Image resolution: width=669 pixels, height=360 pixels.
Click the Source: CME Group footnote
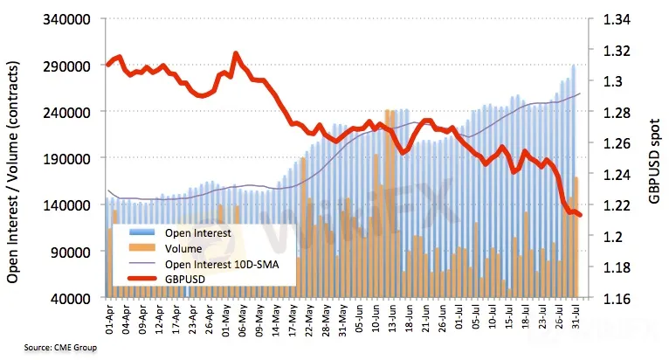coord(49,348)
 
